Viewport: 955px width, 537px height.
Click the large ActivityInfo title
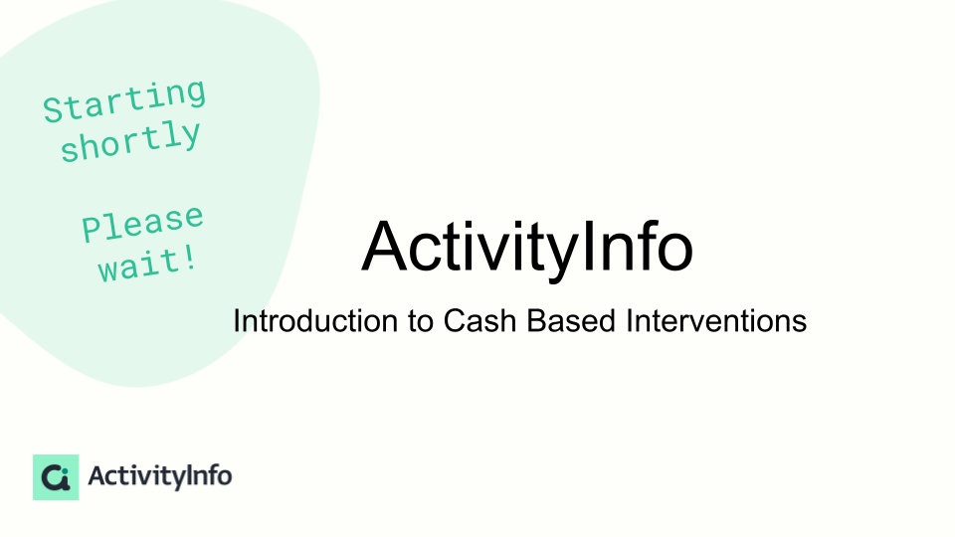point(527,249)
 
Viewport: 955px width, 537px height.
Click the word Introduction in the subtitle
point(316,321)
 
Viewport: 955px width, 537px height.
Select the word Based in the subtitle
point(571,321)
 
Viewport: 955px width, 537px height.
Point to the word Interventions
point(716,321)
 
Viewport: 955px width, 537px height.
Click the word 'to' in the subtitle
point(421,321)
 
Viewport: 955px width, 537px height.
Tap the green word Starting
point(124,100)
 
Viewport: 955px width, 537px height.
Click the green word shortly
point(130,140)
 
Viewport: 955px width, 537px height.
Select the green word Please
point(142,224)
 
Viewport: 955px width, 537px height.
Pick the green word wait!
point(148,265)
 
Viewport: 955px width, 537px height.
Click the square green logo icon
point(56,477)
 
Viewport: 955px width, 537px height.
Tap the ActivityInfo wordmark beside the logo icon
point(159,476)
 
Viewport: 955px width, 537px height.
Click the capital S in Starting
point(54,110)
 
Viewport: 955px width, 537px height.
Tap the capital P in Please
point(92,230)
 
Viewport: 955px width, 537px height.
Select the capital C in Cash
point(457,321)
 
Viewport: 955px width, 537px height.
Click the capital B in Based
point(536,321)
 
